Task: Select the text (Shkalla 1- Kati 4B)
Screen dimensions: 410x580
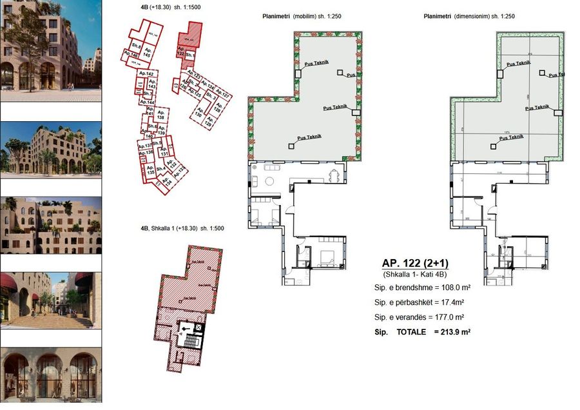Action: coord(415,275)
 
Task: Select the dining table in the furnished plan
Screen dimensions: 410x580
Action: coord(333,175)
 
